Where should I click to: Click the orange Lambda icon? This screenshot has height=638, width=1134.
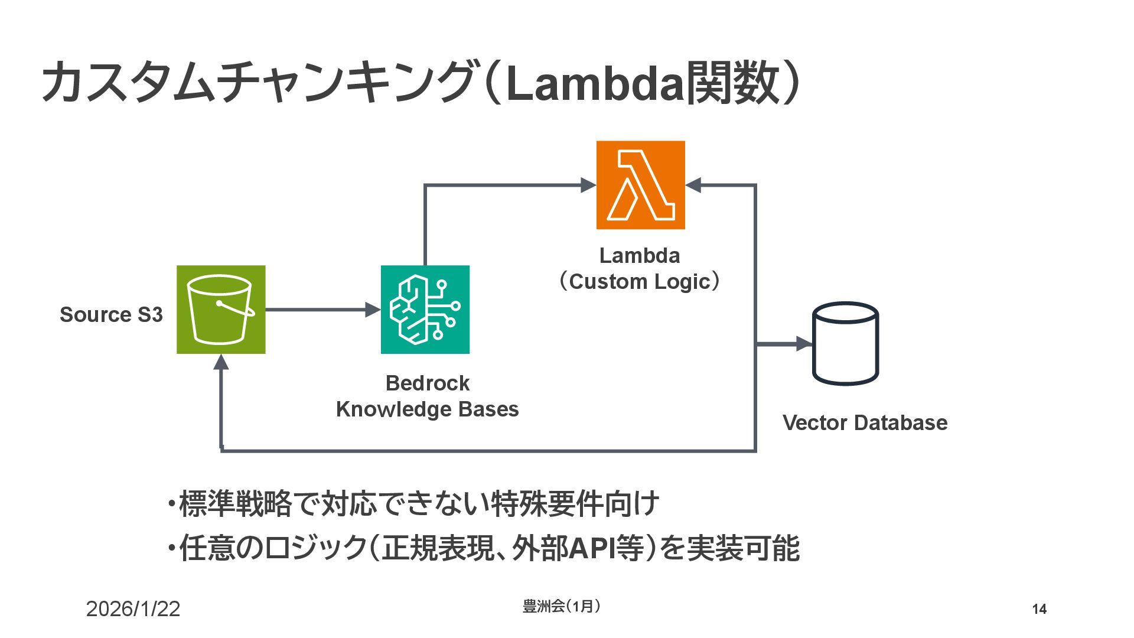pos(640,185)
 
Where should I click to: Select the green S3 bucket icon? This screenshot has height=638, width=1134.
pos(221,310)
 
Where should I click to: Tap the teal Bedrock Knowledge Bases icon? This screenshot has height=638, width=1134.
pos(425,310)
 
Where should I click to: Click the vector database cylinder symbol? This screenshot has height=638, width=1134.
pos(846,344)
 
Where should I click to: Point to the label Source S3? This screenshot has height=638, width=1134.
pos(111,315)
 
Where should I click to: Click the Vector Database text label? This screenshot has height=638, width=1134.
pos(865,423)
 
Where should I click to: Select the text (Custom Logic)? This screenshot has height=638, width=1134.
pos(640,282)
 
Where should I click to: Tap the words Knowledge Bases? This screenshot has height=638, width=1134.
pos(427,409)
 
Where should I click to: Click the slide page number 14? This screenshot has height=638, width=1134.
pos(1039,609)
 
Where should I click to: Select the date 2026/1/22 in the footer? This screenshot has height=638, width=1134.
pos(133,609)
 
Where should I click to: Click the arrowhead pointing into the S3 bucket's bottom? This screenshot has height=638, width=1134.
pos(221,362)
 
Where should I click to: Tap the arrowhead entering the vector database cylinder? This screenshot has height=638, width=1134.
pos(805,344)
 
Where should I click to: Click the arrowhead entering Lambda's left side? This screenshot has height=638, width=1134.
pos(588,185)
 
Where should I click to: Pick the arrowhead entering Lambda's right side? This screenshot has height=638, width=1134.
pos(693,185)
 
